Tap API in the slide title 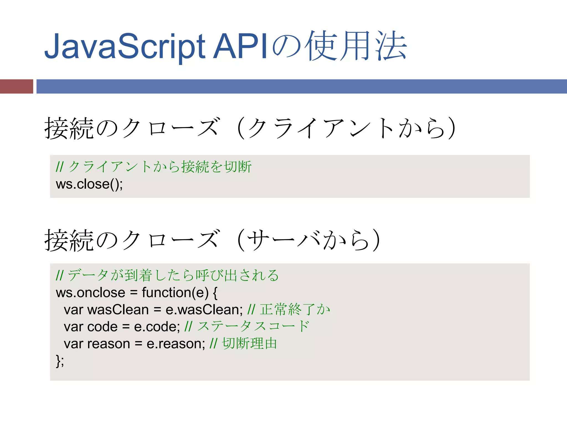(x=240, y=46)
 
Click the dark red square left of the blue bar (x=17, y=86)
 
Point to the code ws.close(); (x=89, y=184)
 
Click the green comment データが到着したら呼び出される (x=173, y=275)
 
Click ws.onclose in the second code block (x=91, y=293)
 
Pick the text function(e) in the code (x=175, y=293)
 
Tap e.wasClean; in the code (x=204, y=310)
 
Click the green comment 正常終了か (x=295, y=309)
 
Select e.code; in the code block (x=157, y=327)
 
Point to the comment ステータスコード (x=253, y=326)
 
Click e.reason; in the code (x=176, y=344)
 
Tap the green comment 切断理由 (x=249, y=344)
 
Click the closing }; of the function (x=60, y=361)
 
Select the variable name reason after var (x=109, y=344)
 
